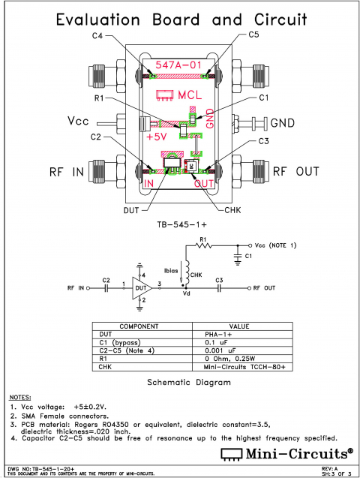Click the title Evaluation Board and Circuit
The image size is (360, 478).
(x=180, y=20)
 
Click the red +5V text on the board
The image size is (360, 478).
(x=157, y=137)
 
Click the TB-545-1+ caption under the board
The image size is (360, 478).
(x=180, y=224)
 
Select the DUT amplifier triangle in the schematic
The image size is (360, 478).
(x=139, y=287)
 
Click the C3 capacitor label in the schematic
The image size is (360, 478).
(x=220, y=280)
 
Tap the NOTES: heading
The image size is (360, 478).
(x=20, y=396)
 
